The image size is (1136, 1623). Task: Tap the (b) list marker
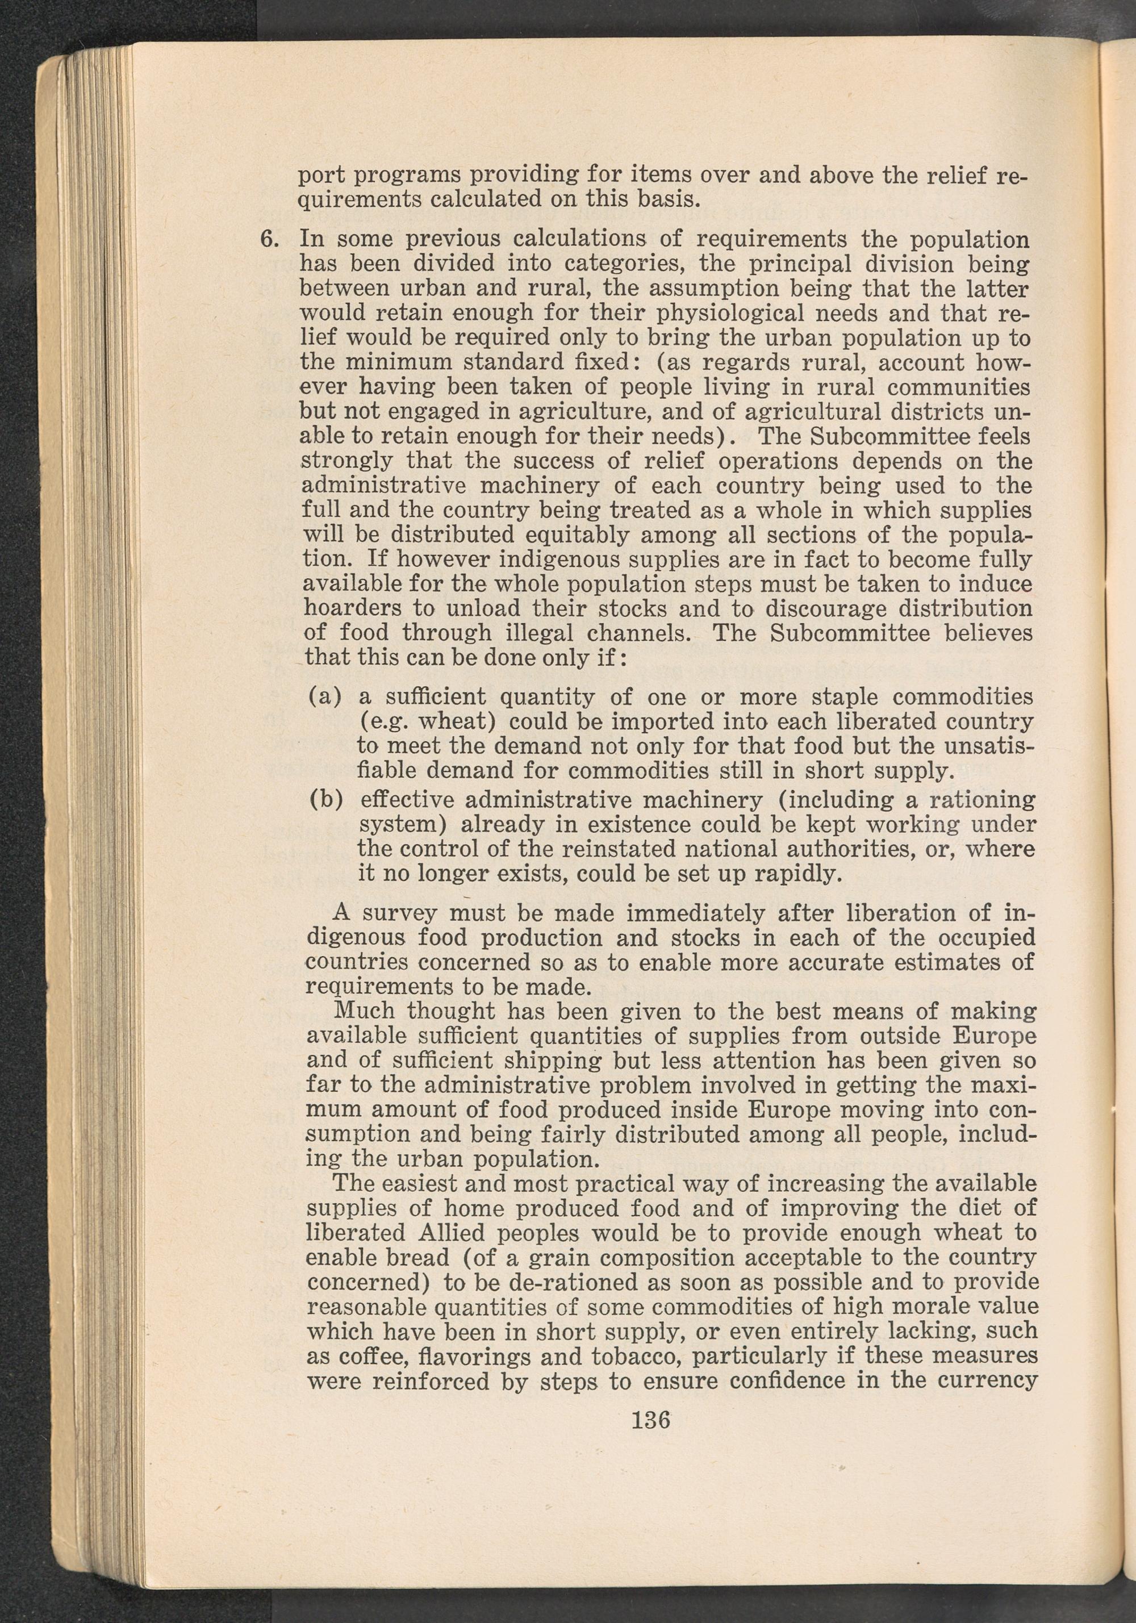point(327,800)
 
